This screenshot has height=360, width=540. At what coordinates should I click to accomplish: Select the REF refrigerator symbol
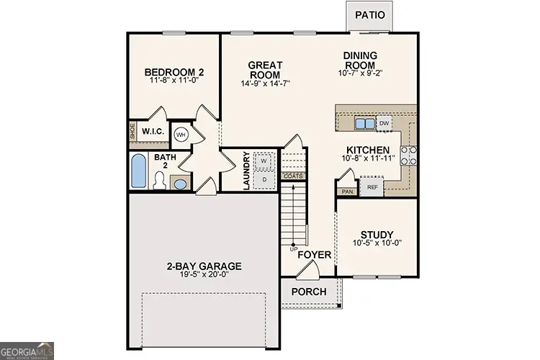372,187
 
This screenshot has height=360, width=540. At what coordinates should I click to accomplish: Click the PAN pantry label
347,192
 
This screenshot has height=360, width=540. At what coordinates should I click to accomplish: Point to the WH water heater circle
181,135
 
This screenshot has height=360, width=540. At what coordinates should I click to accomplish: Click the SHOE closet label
133,132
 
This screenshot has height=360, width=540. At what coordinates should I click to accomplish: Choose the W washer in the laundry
264,160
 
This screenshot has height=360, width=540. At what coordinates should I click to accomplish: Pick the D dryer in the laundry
264,178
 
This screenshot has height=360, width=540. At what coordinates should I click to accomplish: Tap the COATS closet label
293,176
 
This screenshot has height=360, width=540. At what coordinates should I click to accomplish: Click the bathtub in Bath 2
139,171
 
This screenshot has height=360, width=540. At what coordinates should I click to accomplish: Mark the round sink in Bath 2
182,184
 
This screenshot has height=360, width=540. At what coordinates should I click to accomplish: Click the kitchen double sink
364,124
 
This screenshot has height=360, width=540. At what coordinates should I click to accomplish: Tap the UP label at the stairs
294,249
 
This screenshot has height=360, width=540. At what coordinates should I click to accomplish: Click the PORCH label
308,292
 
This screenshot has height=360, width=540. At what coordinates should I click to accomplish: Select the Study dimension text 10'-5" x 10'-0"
377,244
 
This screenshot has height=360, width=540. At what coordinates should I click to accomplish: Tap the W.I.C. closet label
153,132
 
